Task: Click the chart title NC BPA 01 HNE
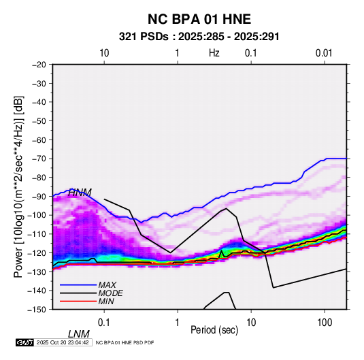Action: [199, 19]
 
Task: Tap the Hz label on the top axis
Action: [214, 53]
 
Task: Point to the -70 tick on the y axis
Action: [38, 159]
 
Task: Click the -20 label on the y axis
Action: [38, 65]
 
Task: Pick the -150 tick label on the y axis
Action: [37, 310]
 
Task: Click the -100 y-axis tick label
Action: [37, 215]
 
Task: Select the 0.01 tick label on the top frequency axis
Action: [324, 53]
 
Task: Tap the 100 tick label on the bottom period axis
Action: [325, 323]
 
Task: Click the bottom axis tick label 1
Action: [177, 323]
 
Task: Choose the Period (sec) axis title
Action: [214, 330]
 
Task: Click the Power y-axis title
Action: [18, 186]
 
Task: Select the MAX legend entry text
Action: [107, 285]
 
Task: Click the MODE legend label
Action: [110, 293]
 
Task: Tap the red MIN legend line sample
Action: [78, 301]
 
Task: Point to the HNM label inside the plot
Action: [80, 193]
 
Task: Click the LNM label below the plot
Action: [79, 334]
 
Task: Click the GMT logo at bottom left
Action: [24, 342]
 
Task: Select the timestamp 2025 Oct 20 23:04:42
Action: [63, 342]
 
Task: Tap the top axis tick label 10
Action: [104, 53]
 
